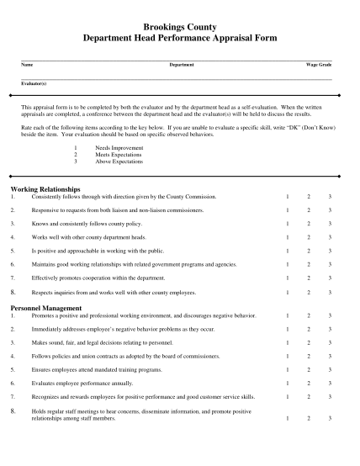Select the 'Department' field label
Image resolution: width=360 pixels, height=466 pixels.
coord(182,65)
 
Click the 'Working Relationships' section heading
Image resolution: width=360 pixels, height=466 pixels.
coord(45,189)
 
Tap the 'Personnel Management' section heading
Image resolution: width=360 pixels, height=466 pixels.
coord(45,308)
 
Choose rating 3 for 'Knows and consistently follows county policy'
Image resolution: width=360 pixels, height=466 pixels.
coord(330,224)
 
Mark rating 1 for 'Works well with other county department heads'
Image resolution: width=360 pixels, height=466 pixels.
coord(287,237)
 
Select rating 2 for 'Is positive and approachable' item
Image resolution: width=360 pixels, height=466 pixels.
coord(308,251)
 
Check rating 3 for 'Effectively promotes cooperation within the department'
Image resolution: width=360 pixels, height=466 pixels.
coord(330,278)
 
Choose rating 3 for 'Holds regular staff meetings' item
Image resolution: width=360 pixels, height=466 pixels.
coord(330,418)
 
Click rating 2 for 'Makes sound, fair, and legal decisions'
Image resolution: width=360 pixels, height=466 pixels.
coord(308,342)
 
